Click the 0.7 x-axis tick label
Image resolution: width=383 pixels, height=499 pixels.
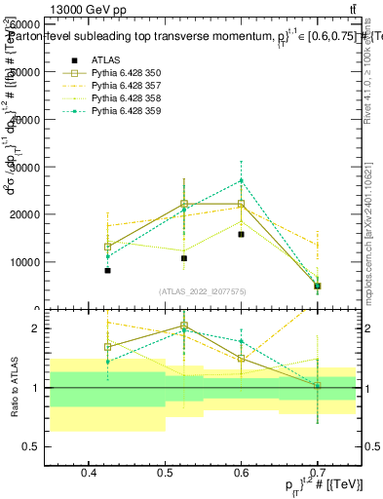pyautogui.click(x=318, y=473)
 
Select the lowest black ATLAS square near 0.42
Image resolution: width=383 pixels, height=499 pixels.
pyautogui.click(x=108, y=270)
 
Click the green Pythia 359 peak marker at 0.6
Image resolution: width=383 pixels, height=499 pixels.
pyautogui.click(x=241, y=180)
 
